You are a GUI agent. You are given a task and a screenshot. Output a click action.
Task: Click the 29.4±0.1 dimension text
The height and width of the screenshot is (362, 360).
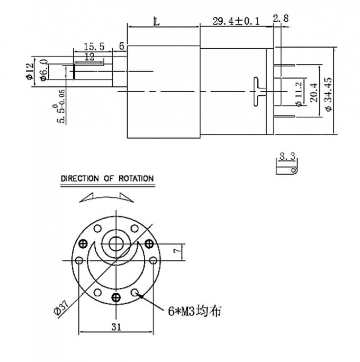(x=236, y=22)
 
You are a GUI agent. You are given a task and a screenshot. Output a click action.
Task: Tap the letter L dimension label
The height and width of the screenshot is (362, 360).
(x=156, y=21)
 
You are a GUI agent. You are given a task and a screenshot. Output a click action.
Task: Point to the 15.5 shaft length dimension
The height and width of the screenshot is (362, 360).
(x=92, y=47)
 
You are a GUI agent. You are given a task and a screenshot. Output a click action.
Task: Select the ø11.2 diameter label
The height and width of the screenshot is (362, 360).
(x=299, y=94)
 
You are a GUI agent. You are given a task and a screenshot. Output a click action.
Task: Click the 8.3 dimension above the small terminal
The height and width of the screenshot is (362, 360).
(x=286, y=156)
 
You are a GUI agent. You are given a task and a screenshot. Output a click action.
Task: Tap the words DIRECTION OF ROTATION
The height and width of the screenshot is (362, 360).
(x=107, y=179)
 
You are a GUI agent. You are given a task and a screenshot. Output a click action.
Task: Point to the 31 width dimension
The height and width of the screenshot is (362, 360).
(x=116, y=327)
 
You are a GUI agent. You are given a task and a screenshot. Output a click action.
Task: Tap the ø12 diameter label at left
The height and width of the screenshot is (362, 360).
(x=30, y=71)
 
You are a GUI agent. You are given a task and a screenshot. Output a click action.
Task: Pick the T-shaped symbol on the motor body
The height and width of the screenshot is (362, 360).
(x=259, y=92)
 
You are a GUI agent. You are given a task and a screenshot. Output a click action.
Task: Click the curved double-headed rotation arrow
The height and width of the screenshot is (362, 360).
(x=107, y=196)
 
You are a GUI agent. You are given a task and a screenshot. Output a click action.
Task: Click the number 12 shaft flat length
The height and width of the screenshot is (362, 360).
(x=89, y=57)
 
